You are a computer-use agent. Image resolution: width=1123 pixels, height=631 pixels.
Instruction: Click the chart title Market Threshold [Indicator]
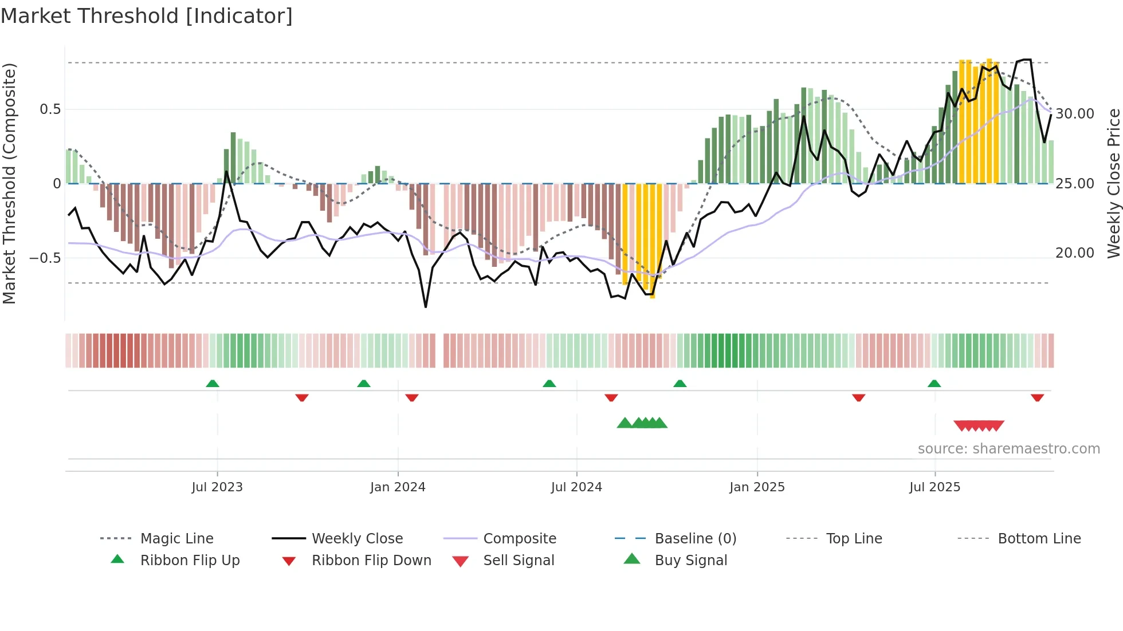click(147, 16)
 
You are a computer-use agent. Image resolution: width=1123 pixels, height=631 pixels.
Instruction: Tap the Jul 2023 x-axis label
click(217, 487)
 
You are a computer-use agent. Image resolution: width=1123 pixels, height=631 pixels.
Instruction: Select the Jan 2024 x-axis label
click(398, 487)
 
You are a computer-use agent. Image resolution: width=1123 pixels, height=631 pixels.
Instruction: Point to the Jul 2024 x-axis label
click(576, 487)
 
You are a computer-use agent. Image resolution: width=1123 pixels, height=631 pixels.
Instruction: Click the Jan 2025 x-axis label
click(757, 487)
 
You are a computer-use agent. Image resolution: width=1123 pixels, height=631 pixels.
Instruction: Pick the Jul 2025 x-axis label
click(934, 487)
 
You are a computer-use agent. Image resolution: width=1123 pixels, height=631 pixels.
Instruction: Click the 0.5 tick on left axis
click(50, 109)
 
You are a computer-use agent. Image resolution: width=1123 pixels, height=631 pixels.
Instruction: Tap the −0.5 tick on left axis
click(45, 258)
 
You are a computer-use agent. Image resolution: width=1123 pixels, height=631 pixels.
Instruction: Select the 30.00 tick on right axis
click(1075, 114)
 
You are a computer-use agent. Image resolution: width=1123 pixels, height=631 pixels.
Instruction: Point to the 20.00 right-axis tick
click(1075, 253)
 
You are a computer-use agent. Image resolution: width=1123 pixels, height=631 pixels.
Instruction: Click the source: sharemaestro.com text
click(1008, 449)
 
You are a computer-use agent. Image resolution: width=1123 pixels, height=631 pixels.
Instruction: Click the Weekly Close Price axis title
click(1113, 183)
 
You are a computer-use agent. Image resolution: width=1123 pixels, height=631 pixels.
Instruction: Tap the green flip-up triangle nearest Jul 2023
click(213, 384)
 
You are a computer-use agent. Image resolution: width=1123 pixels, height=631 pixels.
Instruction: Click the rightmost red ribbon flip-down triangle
click(1037, 397)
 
